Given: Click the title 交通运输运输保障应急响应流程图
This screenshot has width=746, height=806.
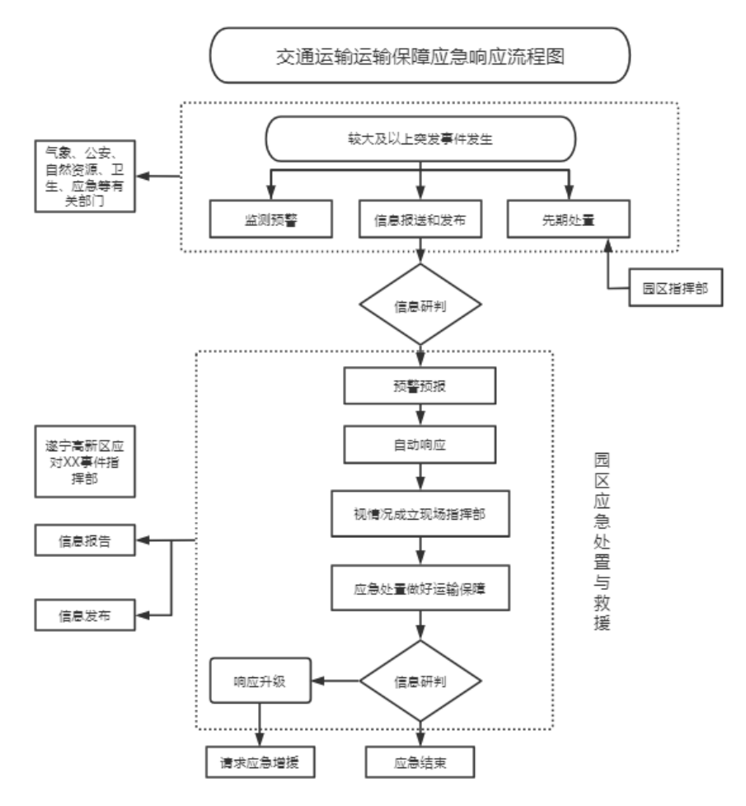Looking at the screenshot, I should tap(421, 56).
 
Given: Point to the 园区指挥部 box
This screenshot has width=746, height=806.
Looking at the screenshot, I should tap(675, 289).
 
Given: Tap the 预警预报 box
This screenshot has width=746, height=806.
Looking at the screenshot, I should tap(421, 387).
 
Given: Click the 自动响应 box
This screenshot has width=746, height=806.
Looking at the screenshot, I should tap(421, 445).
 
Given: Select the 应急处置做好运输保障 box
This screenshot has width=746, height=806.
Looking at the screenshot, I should tap(421, 587).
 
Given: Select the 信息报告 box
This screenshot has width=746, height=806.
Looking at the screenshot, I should tap(85, 541).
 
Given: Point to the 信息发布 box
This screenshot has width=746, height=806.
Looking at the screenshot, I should tap(85, 615).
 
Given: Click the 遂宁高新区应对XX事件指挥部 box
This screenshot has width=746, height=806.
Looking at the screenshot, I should tap(85, 461).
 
